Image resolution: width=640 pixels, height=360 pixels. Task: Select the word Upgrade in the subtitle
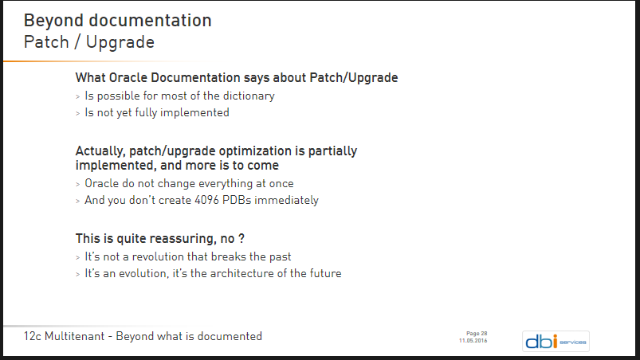tap(120, 43)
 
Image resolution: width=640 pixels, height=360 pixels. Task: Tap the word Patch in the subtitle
tap(46, 42)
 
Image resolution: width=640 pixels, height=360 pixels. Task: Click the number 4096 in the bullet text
tap(207, 200)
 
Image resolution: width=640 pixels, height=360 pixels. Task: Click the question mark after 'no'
tap(241, 238)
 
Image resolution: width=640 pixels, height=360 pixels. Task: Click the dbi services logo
tap(556, 341)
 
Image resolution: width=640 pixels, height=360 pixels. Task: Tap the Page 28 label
tap(477, 334)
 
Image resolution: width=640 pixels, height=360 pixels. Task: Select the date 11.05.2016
tap(473, 341)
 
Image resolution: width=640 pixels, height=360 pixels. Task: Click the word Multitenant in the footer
tap(74, 336)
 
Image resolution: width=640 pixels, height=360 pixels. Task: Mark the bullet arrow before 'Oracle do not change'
tap(77, 185)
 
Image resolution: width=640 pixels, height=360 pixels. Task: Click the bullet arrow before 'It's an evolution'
tap(77, 275)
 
